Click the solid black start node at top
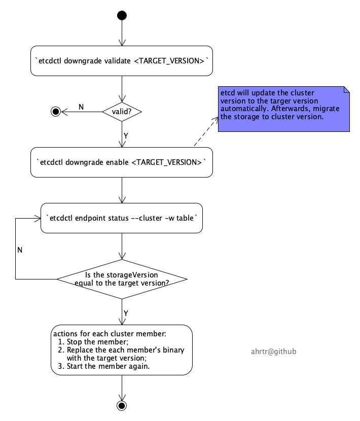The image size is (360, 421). pyautogui.click(x=122, y=15)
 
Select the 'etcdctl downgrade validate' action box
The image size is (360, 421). pyautogui.click(x=122, y=61)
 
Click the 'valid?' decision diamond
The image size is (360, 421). pyautogui.click(x=122, y=112)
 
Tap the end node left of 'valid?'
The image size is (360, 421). pyautogui.click(x=56, y=112)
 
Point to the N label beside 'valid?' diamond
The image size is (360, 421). pyautogui.click(x=81, y=107)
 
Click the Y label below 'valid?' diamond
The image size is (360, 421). pyautogui.click(x=126, y=136)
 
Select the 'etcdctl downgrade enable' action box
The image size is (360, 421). pyautogui.click(x=122, y=162)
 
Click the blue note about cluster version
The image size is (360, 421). pyautogui.click(x=284, y=109)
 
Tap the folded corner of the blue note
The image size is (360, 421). pyautogui.click(x=347, y=90)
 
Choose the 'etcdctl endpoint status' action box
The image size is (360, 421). pyautogui.click(x=122, y=218)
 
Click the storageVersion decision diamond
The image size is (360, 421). pyautogui.click(x=122, y=279)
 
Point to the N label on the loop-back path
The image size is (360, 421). pyautogui.click(x=20, y=250)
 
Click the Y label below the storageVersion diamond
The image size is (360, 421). pyautogui.click(x=126, y=313)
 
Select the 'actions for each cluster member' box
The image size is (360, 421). pyautogui.click(x=122, y=350)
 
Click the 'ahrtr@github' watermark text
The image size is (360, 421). pyautogui.click(x=274, y=352)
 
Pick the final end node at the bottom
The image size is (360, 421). pyautogui.click(x=122, y=405)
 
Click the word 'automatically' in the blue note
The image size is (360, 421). pyautogui.click(x=241, y=109)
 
